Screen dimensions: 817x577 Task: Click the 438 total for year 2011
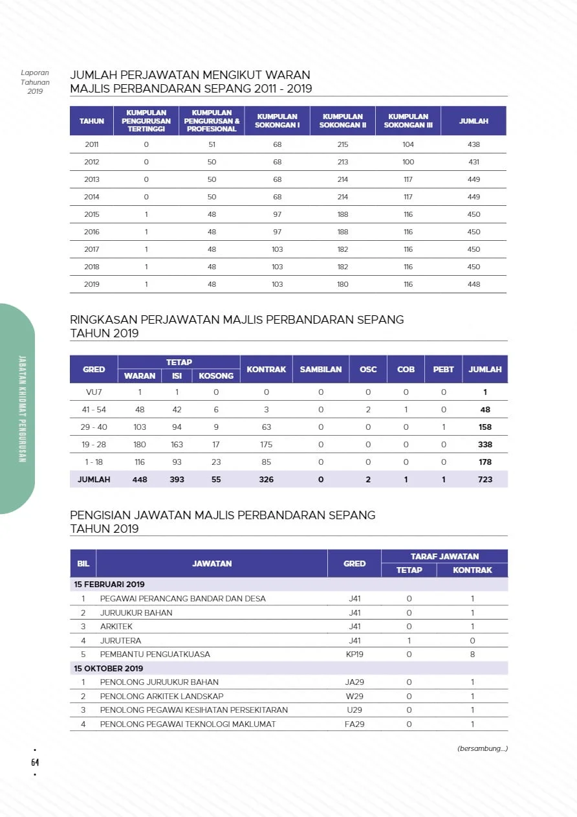[x=474, y=144]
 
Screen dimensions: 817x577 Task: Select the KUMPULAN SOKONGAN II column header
[x=343, y=121]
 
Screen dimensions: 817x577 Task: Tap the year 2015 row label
[x=92, y=214]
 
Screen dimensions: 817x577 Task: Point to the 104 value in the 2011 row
[x=408, y=144]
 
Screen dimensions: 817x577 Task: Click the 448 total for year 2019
[x=474, y=284]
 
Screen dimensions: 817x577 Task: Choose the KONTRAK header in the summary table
[x=266, y=369]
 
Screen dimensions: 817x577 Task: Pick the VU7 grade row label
[x=94, y=392]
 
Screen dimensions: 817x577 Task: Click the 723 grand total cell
[x=485, y=480]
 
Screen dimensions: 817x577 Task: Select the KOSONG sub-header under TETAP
[x=216, y=375]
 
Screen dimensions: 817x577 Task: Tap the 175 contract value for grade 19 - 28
[x=266, y=445]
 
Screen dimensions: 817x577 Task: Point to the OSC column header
[x=368, y=369]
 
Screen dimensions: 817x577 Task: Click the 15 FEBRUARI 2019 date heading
[x=109, y=585]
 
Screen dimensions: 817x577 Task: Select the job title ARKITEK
[x=113, y=627]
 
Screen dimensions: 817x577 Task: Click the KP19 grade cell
[x=354, y=655]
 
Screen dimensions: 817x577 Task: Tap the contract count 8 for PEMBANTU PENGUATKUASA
[x=472, y=655]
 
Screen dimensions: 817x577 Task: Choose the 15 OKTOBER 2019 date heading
[x=109, y=668]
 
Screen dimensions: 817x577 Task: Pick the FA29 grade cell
[x=354, y=724]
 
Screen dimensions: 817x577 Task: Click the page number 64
[x=35, y=762]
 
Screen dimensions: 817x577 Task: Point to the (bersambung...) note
[x=482, y=749]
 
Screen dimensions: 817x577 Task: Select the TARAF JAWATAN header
[x=444, y=556]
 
